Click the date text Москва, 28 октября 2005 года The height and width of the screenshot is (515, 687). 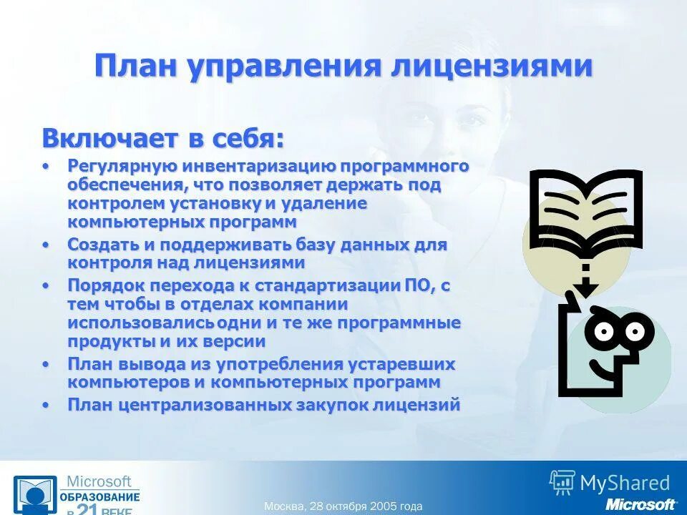343,506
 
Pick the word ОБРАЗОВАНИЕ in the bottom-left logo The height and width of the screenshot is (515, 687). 99,496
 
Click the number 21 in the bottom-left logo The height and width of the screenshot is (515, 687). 87,509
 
